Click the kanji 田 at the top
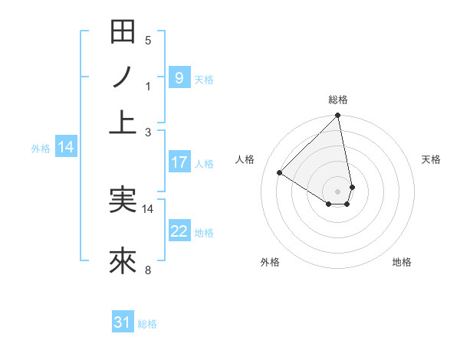[123, 32]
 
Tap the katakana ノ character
[123, 77]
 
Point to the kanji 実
[123, 200]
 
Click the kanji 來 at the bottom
[123, 261]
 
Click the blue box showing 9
[179, 77]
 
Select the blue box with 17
[179, 162]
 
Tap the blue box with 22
[179, 231]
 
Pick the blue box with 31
[123, 323]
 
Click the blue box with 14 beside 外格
[66, 148]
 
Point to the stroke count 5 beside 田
[148, 40]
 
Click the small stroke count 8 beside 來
[148, 270]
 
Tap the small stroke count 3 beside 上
[148, 132]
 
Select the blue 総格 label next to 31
[147, 324]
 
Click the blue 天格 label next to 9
[204, 79]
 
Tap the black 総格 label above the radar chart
[338, 100]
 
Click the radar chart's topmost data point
[337, 116]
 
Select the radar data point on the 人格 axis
[280, 173]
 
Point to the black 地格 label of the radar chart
[402, 262]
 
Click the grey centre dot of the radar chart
[338, 190]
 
